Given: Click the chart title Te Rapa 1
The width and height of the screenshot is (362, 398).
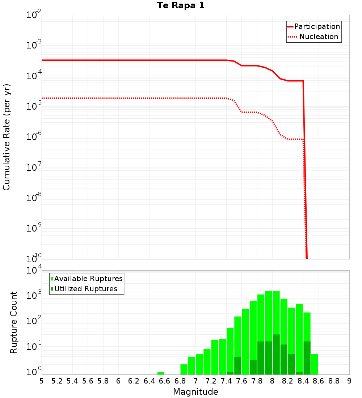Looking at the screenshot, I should tap(181, 6).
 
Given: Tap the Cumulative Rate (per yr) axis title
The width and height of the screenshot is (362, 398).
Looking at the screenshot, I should tap(7, 137).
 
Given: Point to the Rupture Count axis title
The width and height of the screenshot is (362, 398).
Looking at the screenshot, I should tap(14, 322).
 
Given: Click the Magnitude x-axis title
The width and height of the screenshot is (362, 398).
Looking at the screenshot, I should tap(195, 392).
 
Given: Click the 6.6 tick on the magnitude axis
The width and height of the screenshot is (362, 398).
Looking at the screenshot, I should tap(164, 381).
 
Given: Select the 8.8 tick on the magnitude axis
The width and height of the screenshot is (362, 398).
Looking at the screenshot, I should tap(334, 381).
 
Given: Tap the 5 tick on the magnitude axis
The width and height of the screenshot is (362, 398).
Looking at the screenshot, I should tap(42, 381).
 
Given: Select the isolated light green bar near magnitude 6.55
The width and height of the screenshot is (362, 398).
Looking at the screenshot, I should tap(161, 373).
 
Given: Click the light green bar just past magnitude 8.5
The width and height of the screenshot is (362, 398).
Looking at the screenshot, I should tap(315, 364).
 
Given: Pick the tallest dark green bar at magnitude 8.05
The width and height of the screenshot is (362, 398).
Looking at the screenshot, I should tap(276, 355).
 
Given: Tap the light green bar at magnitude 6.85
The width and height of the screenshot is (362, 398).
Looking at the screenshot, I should tap(184, 369).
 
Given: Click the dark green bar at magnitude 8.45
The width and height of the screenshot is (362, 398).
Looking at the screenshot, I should tap(307, 358).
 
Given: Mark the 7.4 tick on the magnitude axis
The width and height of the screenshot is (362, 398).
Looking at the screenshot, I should tap(226, 381).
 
